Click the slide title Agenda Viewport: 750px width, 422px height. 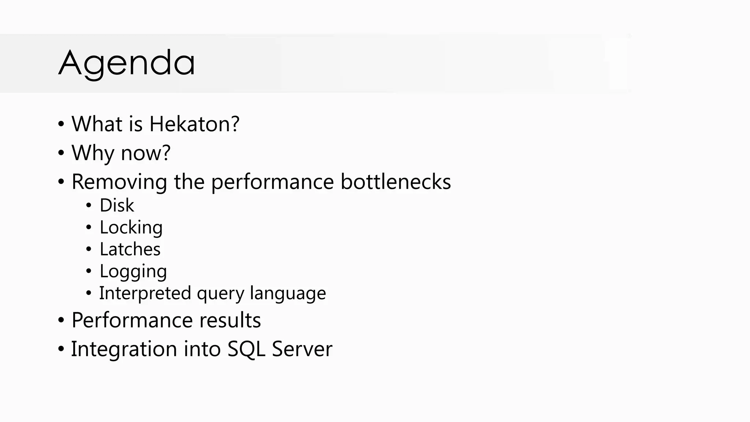click(x=126, y=63)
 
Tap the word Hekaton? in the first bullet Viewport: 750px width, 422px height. click(x=194, y=124)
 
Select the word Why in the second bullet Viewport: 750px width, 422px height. click(x=93, y=153)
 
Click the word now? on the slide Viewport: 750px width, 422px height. click(x=145, y=153)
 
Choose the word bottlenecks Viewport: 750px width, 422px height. click(x=396, y=182)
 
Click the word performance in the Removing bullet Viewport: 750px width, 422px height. click(x=272, y=182)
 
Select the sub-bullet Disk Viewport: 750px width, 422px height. click(x=117, y=205)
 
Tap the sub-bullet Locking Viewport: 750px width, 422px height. click(x=131, y=227)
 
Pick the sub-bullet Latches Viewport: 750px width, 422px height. click(x=130, y=249)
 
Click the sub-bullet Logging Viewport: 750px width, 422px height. click(x=133, y=271)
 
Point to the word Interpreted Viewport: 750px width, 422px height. click(x=145, y=293)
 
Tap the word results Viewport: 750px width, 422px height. click(x=230, y=320)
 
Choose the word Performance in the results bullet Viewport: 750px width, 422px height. click(x=132, y=320)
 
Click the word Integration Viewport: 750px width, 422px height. click(x=124, y=349)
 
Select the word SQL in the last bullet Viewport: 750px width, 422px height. click(x=246, y=349)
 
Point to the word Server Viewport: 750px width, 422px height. click(x=302, y=349)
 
